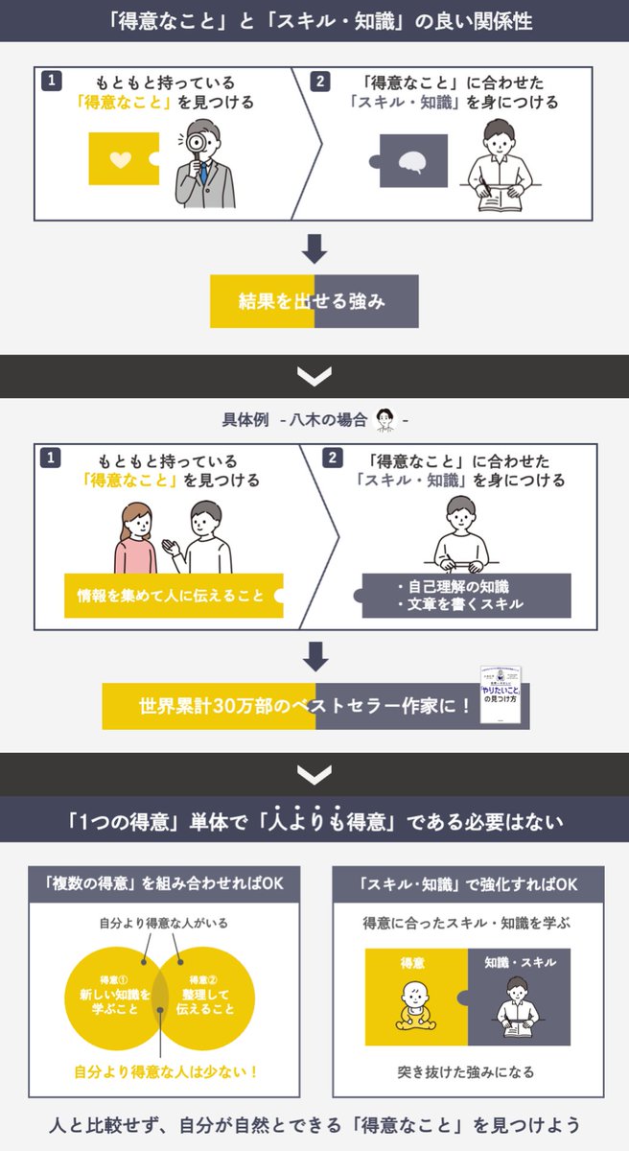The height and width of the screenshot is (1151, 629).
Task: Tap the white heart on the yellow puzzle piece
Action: pos(120,159)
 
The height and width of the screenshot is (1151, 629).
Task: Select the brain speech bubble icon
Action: pos(412,161)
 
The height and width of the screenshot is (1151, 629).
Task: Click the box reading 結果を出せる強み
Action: pos(314,301)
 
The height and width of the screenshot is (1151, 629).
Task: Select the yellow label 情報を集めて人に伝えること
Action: pos(171,596)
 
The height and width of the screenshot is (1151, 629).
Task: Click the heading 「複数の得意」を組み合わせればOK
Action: pos(157,882)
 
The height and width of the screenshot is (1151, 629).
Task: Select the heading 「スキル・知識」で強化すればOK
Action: pos(468,882)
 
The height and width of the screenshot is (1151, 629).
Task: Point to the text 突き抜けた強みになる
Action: pos(466,1071)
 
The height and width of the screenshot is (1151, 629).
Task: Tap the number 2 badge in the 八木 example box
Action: pos(332,458)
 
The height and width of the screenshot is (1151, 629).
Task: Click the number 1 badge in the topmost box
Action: pos(52,82)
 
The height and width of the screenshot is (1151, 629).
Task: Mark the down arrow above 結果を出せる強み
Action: pos(314,249)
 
